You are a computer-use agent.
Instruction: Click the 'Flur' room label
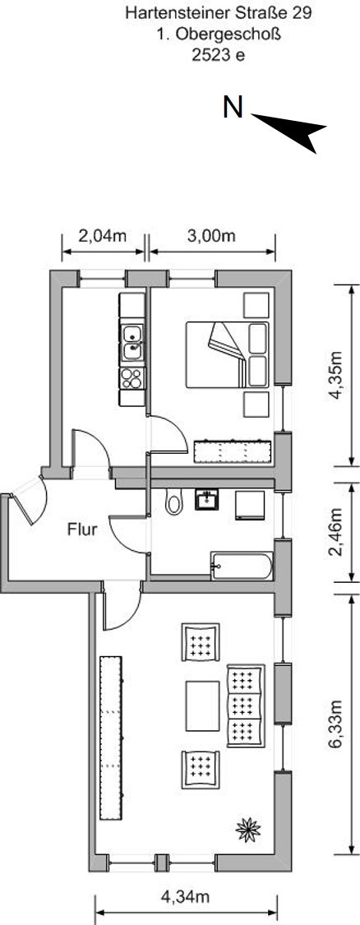click(x=82, y=530)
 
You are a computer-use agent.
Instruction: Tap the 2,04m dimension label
click(x=103, y=236)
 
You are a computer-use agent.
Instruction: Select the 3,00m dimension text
click(x=212, y=236)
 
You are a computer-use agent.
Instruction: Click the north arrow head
click(x=290, y=131)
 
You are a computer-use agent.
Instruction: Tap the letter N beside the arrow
click(x=233, y=108)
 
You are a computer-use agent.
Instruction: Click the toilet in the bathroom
click(x=173, y=502)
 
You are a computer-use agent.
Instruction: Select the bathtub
click(x=242, y=567)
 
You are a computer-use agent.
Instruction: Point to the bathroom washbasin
click(x=206, y=500)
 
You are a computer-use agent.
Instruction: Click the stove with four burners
click(x=132, y=378)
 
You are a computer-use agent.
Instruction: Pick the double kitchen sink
click(x=132, y=343)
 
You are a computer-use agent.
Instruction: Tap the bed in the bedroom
click(x=227, y=354)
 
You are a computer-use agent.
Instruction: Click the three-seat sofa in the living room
click(x=246, y=706)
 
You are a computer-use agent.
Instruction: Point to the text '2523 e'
click(x=218, y=55)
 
